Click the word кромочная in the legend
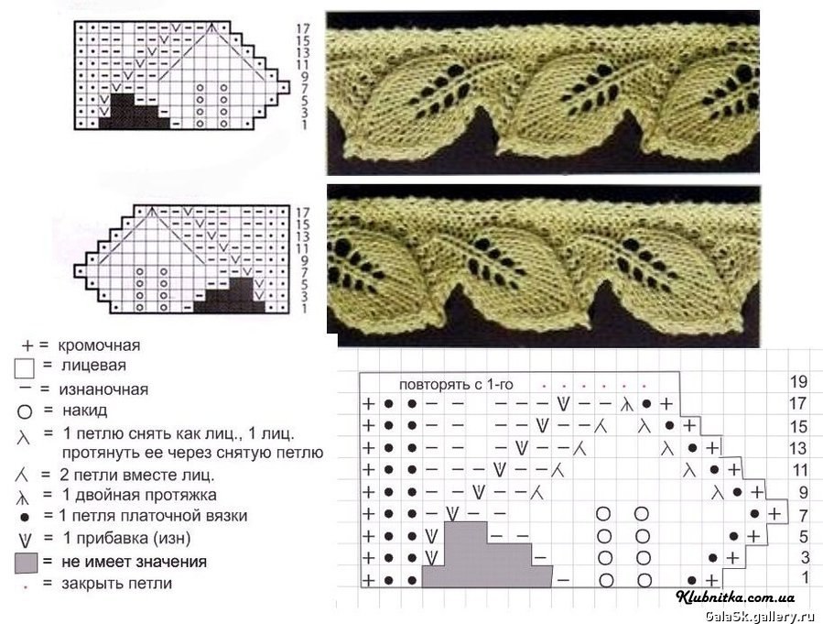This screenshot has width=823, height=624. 99,345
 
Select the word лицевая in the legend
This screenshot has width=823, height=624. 93,365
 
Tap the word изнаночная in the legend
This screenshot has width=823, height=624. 103,389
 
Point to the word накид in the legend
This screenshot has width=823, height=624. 84,410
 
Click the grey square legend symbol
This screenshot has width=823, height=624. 26,563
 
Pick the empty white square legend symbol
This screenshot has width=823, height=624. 24,368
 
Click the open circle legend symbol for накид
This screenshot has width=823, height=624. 25,411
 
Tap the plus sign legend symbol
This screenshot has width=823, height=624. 27,345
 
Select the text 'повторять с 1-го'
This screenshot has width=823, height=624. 456,385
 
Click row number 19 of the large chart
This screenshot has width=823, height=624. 798,382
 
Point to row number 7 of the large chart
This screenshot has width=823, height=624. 803,516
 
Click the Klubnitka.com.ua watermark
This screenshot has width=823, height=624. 735,597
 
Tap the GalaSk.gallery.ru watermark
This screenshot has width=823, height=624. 763,616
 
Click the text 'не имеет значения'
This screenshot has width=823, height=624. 134,562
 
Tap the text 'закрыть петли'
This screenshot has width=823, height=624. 116,583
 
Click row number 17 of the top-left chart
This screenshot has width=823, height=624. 303,28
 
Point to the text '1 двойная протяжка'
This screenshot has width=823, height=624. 139,495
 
